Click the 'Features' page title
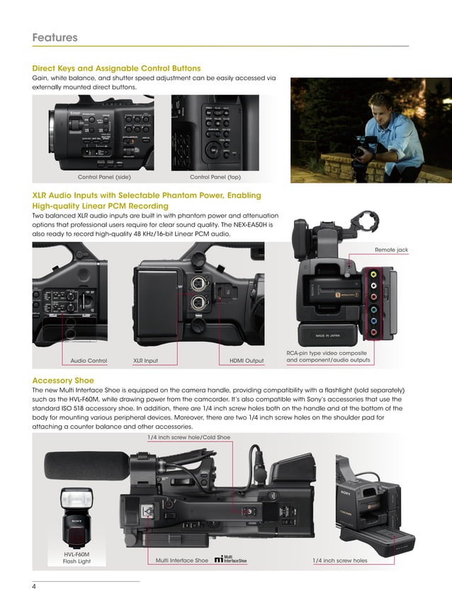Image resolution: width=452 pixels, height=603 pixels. pos(55,38)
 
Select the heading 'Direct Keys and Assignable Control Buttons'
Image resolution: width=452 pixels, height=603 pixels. pos(116,68)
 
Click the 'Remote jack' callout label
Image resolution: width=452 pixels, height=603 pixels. pos(391,250)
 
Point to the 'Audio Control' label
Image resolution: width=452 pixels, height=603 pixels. pos(89,361)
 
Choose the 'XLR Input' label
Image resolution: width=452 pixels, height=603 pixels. pos(145,361)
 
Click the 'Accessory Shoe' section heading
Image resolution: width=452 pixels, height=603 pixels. pos(63,381)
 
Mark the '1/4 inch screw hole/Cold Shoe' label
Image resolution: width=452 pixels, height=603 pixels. pos(188,437)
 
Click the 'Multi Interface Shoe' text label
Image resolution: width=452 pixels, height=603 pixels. pos(181,560)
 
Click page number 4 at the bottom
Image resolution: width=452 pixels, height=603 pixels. pos(34,586)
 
